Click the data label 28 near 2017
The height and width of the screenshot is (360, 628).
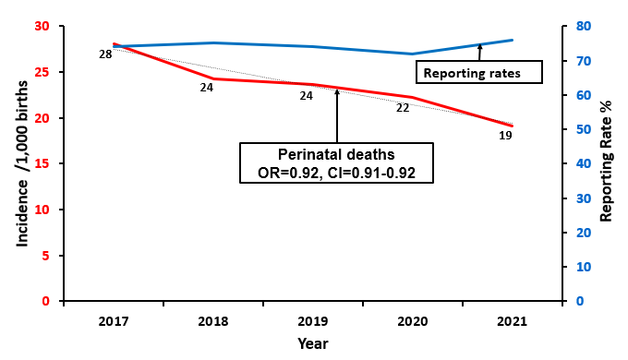(105, 55)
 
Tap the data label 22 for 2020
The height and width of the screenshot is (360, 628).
(403, 108)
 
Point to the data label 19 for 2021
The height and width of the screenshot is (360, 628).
(504, 136)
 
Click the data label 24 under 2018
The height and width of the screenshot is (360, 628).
(206, 89)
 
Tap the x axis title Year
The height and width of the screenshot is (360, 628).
(312, 343)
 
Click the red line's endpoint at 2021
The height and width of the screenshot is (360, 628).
(511, 126)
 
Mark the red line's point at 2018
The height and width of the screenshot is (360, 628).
(213, 78)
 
